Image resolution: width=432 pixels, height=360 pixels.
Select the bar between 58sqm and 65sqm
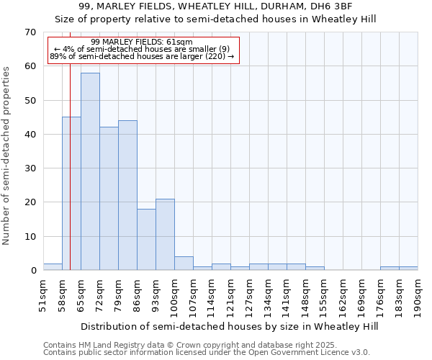[x=71, y=194]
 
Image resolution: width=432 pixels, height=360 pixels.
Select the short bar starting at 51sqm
[x=53, y=267]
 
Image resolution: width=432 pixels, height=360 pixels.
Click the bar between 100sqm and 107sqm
[x=184, y=264]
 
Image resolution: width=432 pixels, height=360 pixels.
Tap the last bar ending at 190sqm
[x=408, y=269]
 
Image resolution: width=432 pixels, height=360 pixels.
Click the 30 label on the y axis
[x=30, y=168]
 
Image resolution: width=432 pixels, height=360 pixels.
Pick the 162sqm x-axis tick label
[x=343, y=296]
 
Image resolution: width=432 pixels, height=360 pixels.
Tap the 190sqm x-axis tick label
[x=418, y=296]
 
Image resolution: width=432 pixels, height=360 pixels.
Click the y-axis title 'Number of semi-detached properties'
[x=7, y=156]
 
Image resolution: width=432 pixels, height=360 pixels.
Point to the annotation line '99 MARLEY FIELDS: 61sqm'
[x=143, y=42]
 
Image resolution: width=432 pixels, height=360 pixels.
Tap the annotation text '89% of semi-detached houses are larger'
[x=143, y=56]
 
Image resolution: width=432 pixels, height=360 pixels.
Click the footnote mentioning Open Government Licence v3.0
[x=207, y=353]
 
